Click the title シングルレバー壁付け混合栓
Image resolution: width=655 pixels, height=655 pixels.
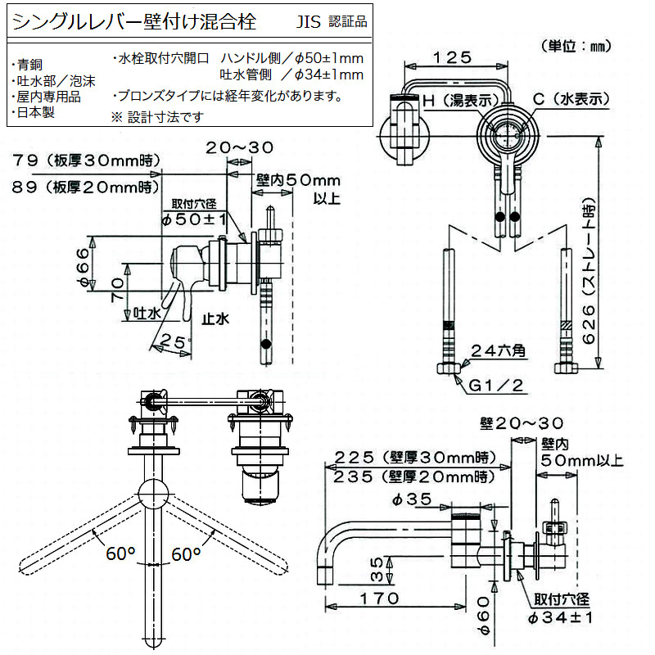pos(131,20)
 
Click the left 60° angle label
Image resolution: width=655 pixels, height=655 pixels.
pos(120,554)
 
